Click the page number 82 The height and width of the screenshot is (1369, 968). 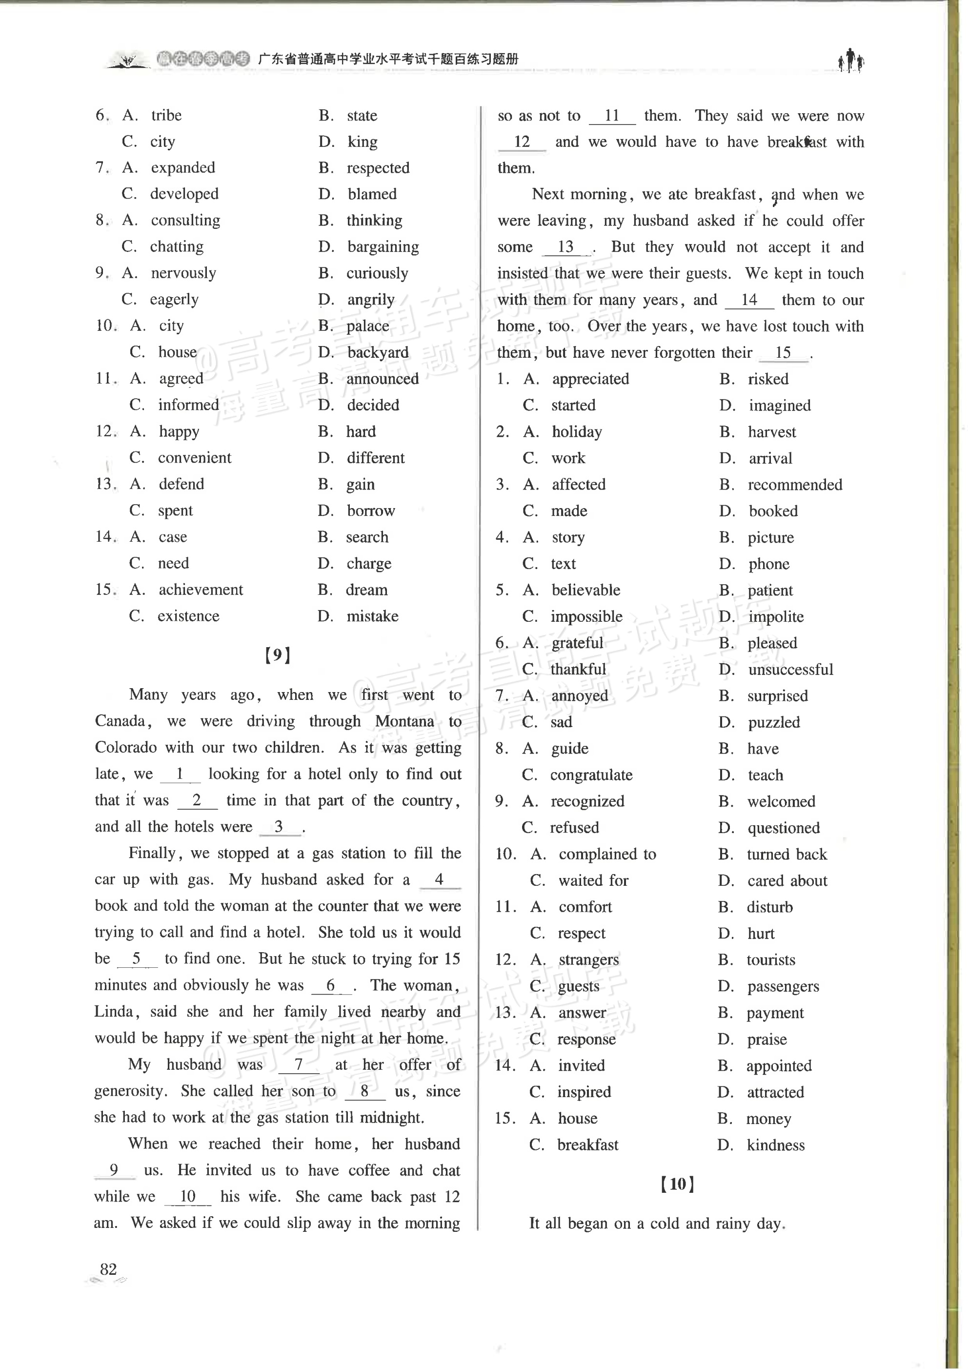[108, 1268]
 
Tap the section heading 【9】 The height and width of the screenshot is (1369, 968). [278, 655]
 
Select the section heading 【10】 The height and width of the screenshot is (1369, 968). [677, 1184]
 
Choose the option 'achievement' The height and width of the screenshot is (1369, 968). [200, 589]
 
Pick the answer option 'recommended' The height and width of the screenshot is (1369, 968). [794, 484]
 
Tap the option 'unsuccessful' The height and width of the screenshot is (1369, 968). [790, 669]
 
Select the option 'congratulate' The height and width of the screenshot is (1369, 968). [591, 775]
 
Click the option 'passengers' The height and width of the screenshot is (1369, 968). [783, 986]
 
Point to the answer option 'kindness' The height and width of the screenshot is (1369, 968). [775, 1145]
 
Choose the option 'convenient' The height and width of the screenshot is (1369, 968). [194, 457]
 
